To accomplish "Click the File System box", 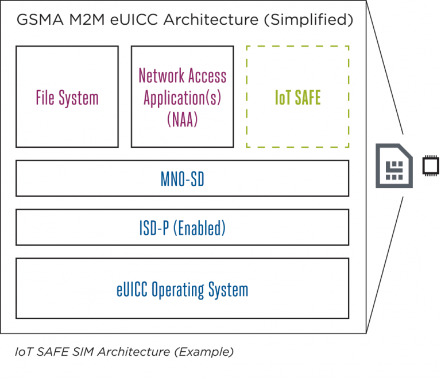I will pyautogui.click(x=67, y=97).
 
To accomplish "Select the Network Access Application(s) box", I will pyautogui.click(x=182, y=97).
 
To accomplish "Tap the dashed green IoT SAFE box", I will pyautogui.click(x=297, y=97).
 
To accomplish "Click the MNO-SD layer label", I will pyautogui.click(x=182, y=179).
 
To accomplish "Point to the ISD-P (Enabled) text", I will pyautogui.click(x=182, y=228).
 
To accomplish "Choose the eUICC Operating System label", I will pyautogui.click(x=182, y=289).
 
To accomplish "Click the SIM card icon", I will pyautogui.click(x=393, y=166).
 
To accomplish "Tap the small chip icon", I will pyautogui.click(x=430, y=166).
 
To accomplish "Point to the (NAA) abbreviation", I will pyautogui.click(x=182, y=120).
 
